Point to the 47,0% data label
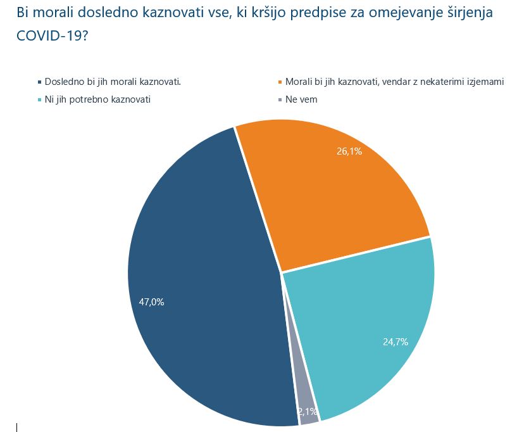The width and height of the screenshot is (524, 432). click(152, 302)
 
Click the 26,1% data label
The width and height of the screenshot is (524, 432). click(349, 151)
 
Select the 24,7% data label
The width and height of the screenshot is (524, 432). click(395, 342)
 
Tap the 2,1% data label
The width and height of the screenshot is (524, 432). click(308, 411)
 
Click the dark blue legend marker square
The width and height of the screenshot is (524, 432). click(39, 82)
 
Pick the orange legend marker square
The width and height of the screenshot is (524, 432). click(280, 82)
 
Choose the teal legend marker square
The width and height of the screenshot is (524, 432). click(39, 100)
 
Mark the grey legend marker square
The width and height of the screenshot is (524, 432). click(280, 100)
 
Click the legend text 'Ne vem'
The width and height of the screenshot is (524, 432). click(301, 100)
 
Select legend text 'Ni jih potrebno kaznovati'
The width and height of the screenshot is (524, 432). click(97, 100)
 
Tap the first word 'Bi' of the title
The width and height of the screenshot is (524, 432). click(23, 13)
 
